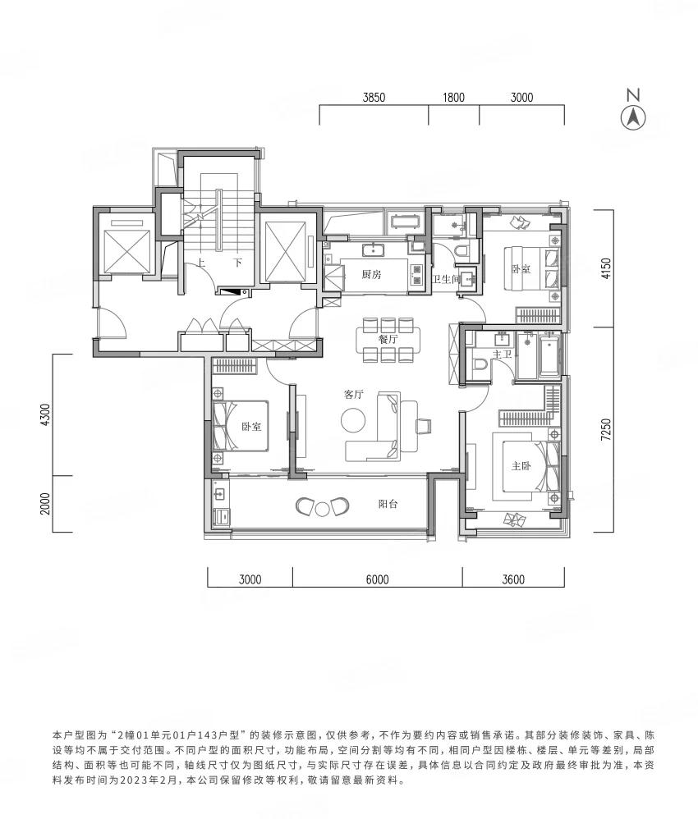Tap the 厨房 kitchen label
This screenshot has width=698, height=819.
(372, 274)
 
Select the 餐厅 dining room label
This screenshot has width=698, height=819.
(388, 338)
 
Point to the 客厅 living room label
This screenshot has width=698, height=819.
(353, 395)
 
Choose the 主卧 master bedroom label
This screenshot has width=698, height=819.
(521, 466)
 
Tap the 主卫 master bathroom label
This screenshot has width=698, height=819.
(502, 355)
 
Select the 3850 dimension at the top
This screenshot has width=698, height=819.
(374, 97)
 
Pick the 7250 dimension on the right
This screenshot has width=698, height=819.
(606, 430)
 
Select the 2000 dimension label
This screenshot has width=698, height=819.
(46, 504)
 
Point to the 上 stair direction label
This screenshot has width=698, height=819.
(200, 263)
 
